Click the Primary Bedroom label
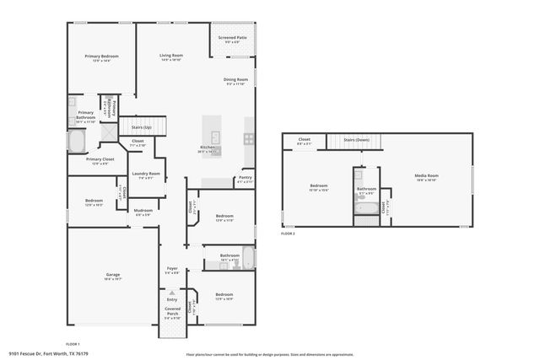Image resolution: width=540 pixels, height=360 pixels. tap(101, 56)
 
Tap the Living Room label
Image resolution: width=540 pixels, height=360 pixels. tap(171, 56)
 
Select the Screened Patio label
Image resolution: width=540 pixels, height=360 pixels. tap(232, 37)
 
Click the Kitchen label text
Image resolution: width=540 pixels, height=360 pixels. tap(206, 148)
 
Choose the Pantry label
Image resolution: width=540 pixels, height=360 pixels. tap(245, 177)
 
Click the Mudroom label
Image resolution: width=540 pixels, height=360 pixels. tap(143, 211)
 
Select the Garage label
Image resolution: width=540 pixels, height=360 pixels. tap(112, 275)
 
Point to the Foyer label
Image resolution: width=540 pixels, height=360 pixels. tap(171, 269)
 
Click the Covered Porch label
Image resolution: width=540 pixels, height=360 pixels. tap(172, 312)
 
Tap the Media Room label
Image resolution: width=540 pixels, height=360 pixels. tap(426, 175)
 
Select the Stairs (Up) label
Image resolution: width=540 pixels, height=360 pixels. tap(141, 126)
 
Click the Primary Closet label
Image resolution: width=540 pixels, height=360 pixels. tap(100, 159)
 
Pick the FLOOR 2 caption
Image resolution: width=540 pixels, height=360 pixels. tap(289, 234)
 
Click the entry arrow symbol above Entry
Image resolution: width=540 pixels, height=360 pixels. tap(172, 293)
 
